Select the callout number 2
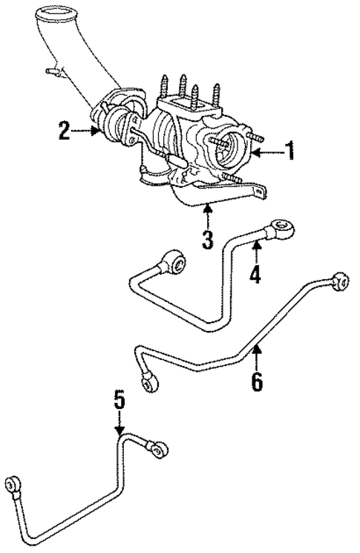pyautogui.click(x=65, y=133)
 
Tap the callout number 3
pyautogui.click(x=208, y=239)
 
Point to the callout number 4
pyautogui.click(x=255, y=275)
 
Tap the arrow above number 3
pyautogui.click(x=208, y=217)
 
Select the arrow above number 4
pyautogui.click(x=255, y=250)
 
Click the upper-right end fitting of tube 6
pyautogui.click(x=340, y=281)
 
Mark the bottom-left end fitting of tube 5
pyautogui.click(x=14, y=486)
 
